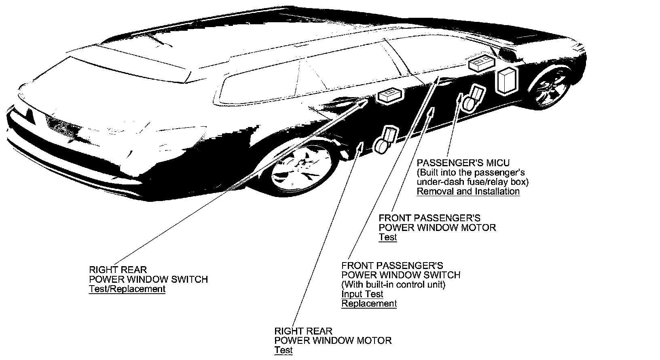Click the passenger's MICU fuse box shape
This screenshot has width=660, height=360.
507,80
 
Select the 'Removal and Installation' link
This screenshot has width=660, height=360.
468,191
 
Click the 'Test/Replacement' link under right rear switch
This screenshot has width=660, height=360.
127,289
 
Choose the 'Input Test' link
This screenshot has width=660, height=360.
362,294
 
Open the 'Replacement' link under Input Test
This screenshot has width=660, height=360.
369,303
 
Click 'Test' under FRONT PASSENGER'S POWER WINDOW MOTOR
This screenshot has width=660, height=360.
387,237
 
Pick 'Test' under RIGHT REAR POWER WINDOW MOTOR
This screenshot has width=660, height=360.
283,350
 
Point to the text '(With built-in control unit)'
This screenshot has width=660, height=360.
393,284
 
